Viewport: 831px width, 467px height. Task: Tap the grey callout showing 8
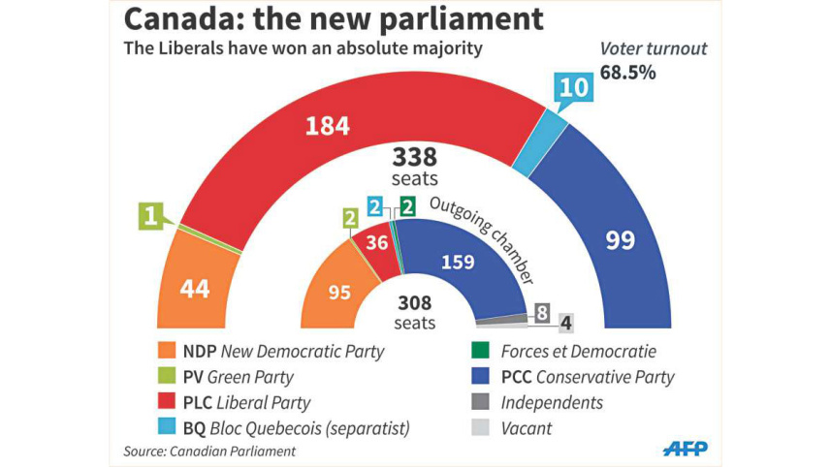point(543,313)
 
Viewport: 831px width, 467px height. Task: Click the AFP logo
point(685,448)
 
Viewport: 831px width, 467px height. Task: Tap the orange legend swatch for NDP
point(166,350)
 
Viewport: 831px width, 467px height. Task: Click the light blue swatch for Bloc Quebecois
point(166,425)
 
